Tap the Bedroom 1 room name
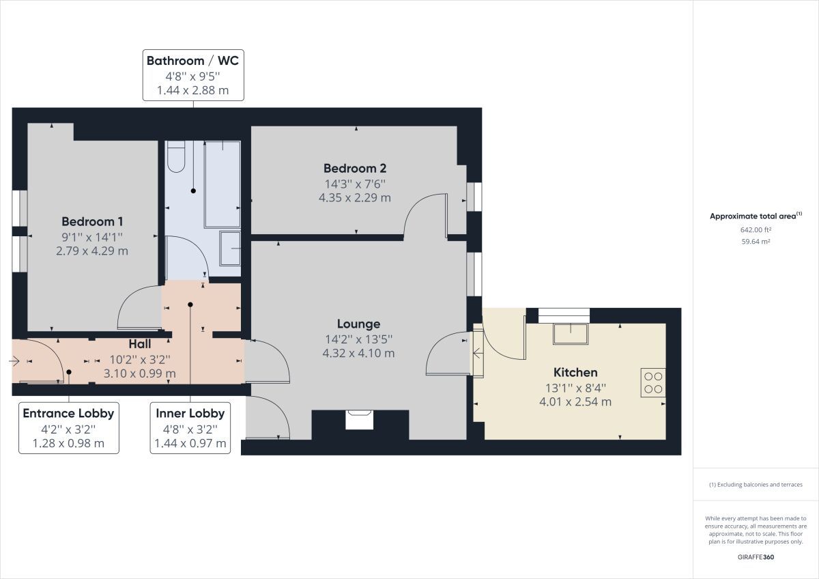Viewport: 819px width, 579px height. (92, 221)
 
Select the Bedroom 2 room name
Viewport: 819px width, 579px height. (355, 168)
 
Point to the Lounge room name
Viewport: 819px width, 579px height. (358, 324)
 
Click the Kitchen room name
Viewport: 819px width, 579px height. (575, 372)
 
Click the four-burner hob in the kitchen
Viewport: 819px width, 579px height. (652, 382)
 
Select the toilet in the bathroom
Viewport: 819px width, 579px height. (176, 156)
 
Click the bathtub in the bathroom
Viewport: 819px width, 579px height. (222, 184)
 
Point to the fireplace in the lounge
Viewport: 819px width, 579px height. (359, 419)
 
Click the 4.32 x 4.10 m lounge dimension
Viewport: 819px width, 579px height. (358, 353)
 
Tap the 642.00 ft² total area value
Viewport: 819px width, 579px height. (756, 230)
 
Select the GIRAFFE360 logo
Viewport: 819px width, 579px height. (756, 556)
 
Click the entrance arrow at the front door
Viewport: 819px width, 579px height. (16, 361)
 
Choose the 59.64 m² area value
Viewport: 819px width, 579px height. (756, 241)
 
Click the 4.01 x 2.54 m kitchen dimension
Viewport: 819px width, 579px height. (575, 401)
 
